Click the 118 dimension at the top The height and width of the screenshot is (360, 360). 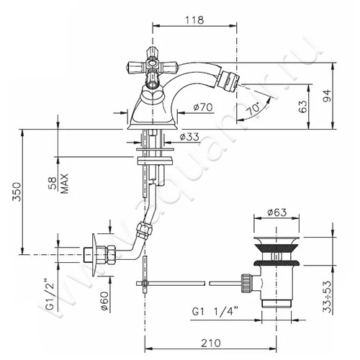tap(194, 19)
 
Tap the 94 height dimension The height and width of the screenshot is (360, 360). tap(327, 96)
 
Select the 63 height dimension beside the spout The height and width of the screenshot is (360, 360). tap(303, 107)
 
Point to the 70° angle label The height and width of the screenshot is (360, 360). tap(253, 109)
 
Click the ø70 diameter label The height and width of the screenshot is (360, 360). tap(203, 107)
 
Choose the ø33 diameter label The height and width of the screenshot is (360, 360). tap(189, 137)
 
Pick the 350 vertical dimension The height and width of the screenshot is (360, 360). tap(17, 192)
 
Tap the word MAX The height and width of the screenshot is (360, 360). tap(64, 184)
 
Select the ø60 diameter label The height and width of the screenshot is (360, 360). tap(105, 301)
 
